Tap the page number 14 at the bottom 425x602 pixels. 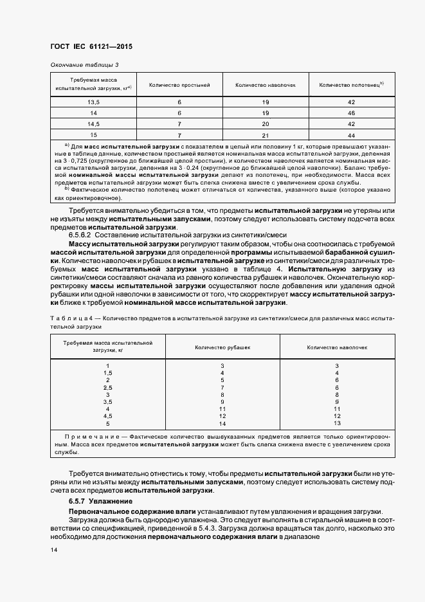point(53,550)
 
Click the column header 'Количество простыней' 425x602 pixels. point(179,85)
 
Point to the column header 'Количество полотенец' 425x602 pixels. point(351,85)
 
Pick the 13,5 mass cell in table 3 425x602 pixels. point(93,102)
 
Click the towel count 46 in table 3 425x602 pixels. point(351,113)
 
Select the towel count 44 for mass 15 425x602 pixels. point(351,135)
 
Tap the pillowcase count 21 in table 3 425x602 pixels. point(265,135)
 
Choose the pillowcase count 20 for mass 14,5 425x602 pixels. point(265,124)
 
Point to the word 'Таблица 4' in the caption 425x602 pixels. point(73,318)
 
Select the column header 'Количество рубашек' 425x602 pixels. point(222,347)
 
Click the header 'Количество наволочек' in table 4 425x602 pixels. point(337,347)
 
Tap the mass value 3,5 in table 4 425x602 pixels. point(107,402)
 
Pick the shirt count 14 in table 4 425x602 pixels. point(222,423)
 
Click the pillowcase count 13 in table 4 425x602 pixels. point(337,423)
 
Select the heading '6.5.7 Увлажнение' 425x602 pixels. point(100,500)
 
